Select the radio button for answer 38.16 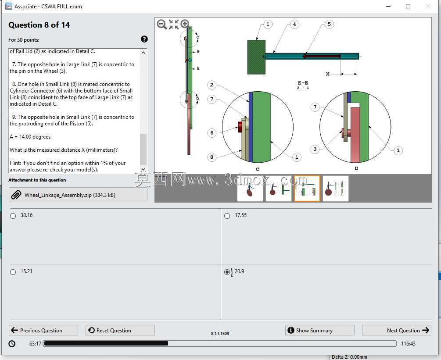pos(13,216)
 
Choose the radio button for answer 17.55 pos(227,216)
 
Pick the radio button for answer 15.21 pos(13,272)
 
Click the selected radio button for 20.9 pos(227,272)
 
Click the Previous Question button pos(43,330)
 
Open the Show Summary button pos(320,330)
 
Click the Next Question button pos(397,330)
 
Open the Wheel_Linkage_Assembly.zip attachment pos(78,195)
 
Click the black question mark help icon pos(144,39)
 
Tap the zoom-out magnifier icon pos(162,25)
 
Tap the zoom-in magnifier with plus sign pos(185,24)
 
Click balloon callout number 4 pos(294,24)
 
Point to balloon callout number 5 pos(329,24)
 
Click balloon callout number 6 pos(212,133)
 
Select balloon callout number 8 pos(212,157)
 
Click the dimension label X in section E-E pos(327,74)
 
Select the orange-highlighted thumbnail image pos(307,189)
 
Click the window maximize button pos(408,6)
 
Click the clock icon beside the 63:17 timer pos(12,343)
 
